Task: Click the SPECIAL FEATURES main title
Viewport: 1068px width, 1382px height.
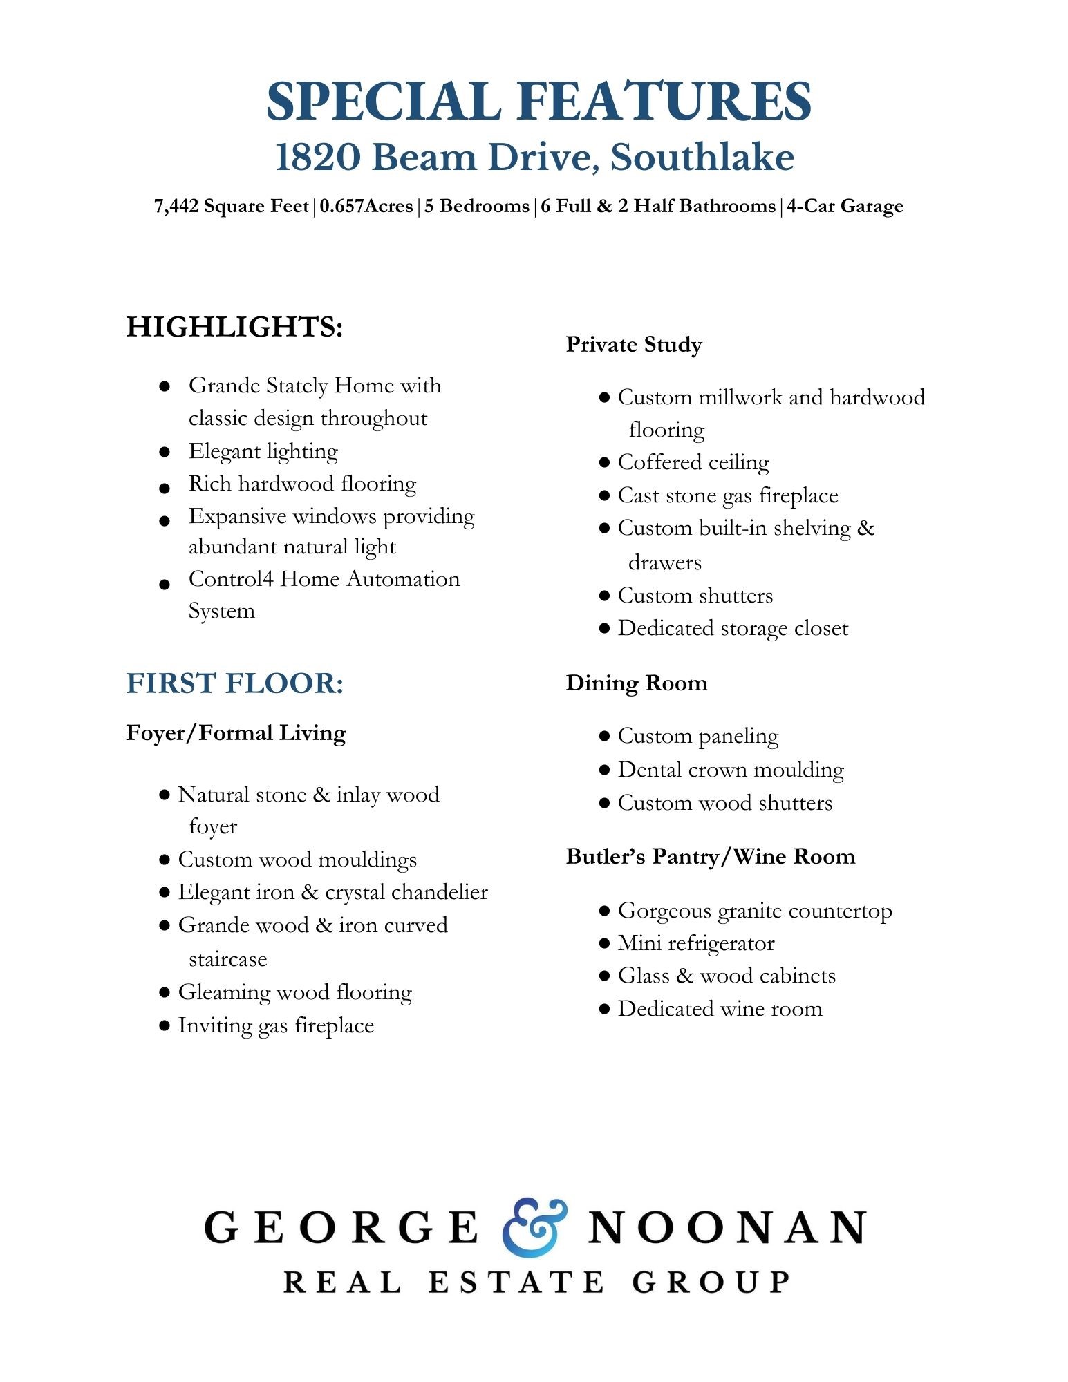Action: click(538, 102)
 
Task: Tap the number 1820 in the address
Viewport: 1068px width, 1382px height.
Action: click(317, 158)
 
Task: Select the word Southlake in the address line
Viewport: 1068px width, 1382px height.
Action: click(702, 158)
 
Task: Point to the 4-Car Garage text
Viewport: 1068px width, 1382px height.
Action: click(845, 207)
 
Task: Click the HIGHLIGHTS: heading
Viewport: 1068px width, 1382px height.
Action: click(234, 327)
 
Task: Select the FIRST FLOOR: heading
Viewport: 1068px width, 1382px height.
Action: click(234, 683)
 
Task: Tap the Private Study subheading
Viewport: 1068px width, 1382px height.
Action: click(633, 344)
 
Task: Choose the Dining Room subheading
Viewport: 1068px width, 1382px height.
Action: click(636, 683)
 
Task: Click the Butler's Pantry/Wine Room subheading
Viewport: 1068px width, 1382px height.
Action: click(710, 856)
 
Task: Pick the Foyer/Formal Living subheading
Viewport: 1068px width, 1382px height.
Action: click(236, 732)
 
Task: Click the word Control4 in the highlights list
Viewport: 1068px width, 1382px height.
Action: click(231, 579)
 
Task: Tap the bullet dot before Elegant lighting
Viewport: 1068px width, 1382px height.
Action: click(165, 453)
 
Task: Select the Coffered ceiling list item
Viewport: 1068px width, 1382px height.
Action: click(693, 462)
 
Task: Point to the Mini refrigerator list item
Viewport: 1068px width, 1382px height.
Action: click(695, 943)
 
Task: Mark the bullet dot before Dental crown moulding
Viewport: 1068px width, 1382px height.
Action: click(604, 770)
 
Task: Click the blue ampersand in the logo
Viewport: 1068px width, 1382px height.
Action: click(534, 1227)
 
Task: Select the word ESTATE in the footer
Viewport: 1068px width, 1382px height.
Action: click(516, 1282)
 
